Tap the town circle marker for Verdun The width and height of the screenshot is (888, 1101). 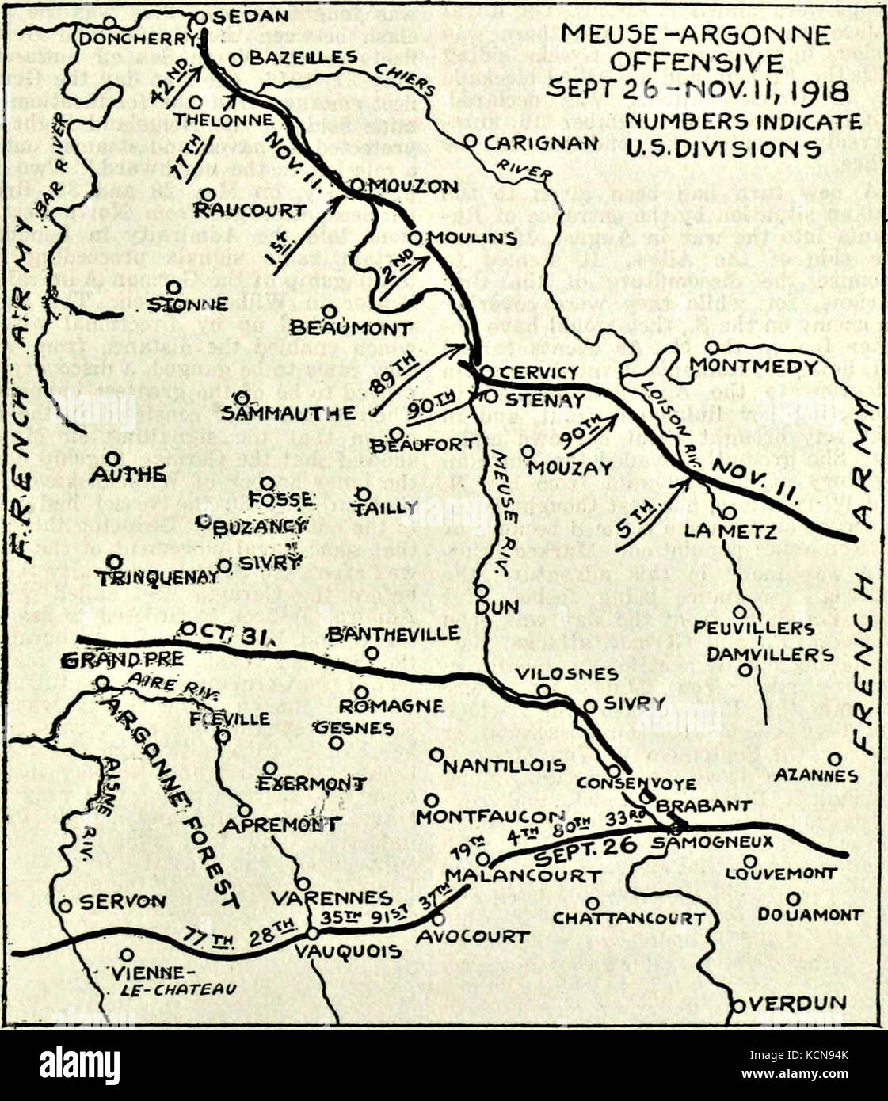[738, 1005]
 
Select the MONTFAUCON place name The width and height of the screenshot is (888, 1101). [490, 816]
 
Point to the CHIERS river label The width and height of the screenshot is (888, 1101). [409, 78]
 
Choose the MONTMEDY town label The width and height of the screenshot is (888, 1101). [753, 367]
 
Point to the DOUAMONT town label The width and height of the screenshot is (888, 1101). [809, 914]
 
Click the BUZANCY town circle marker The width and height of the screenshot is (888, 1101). [204, 521]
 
